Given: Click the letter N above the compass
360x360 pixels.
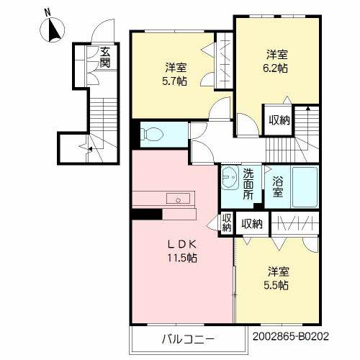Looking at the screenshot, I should [48, 12].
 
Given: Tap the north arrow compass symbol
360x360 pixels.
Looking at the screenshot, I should [54, 30].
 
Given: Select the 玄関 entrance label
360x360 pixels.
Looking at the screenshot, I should [105, 56].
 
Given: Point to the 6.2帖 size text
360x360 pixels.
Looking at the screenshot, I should [277, 66].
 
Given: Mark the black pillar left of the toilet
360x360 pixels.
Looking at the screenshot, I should [135, 135].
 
